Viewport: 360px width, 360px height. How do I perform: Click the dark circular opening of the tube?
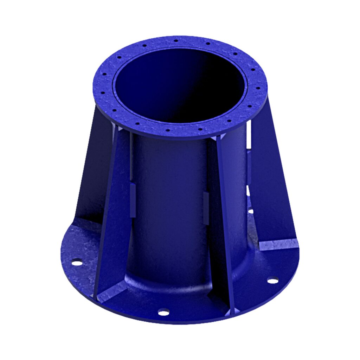pyautogui.click(x=179, y=84)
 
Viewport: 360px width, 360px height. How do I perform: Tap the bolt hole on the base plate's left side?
pyautogui.click(x=77, y=262)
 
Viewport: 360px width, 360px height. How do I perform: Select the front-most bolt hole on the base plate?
pyautogui.click(x=163, y=311)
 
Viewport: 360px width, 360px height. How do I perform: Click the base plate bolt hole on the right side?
pyautogui.click(x=272, y=280)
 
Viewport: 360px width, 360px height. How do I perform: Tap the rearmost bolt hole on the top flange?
pyautogui.click(x=176, y=41)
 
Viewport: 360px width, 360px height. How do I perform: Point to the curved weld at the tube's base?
pyautogui.click(x=165, y=281)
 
